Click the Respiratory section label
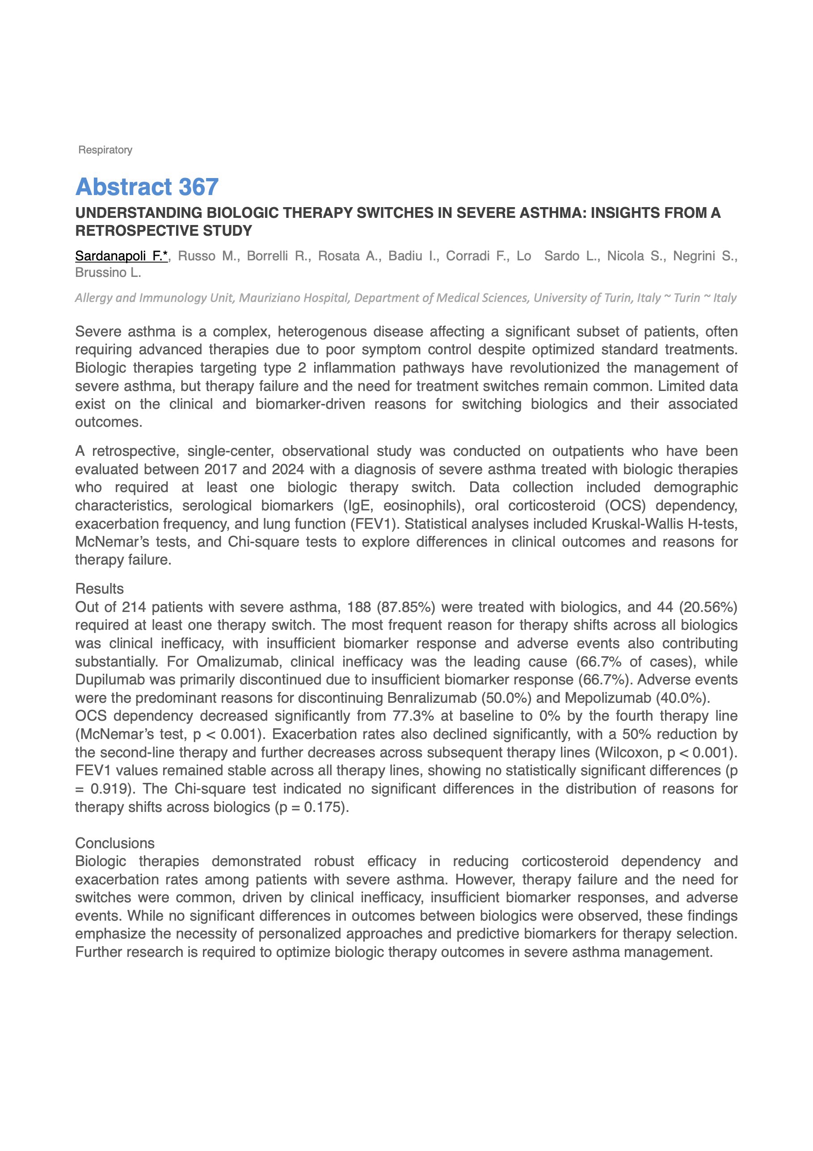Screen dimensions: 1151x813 point(105,150)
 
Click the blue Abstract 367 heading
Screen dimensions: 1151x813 point(147,187)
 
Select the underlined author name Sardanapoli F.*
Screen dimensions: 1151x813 point(121,256)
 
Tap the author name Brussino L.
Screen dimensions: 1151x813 point(108,273)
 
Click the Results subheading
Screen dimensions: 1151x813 point(99,589)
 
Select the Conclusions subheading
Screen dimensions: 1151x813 point(115,843)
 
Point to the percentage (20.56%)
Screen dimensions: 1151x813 point(708,607)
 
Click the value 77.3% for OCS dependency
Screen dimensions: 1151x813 point(409,716)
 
